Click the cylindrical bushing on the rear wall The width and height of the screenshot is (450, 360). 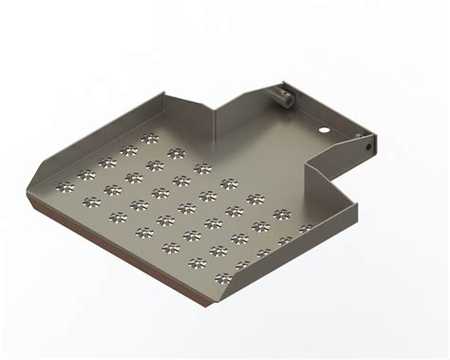[x=282, y=96]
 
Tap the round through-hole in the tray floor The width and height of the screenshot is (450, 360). [x=324, y=129]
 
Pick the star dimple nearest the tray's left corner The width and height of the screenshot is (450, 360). [x=64, y=182]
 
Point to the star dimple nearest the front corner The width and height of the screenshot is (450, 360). [x=222, y=278]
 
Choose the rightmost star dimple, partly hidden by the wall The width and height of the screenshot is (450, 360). [x=306, y=228]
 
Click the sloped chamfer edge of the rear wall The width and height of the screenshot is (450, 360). [x=191, y=99]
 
